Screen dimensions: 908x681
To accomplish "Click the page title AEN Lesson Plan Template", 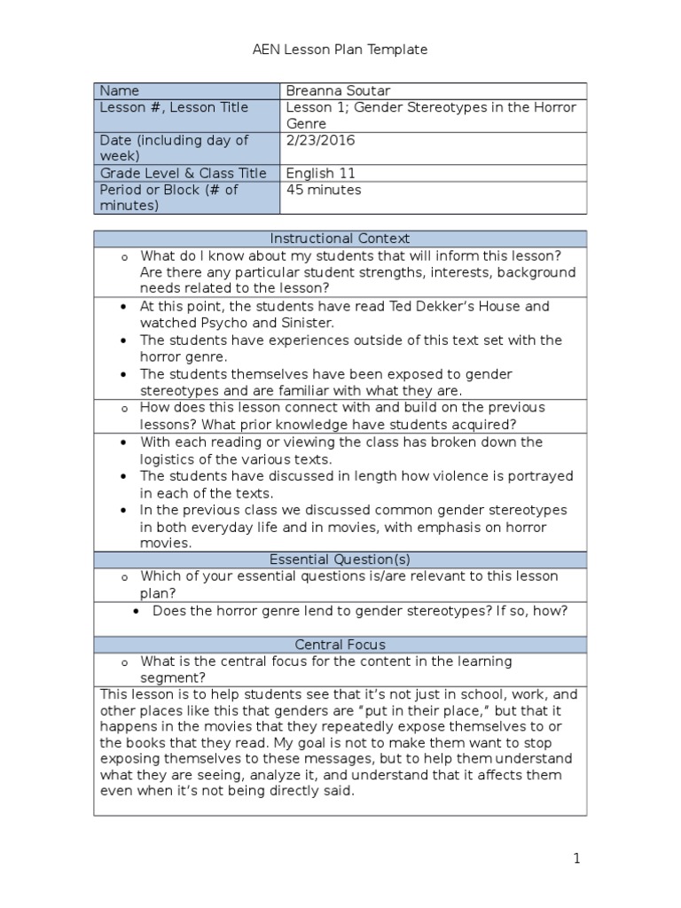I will click(340, 50).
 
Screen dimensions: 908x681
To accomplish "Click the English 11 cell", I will click(320, 173).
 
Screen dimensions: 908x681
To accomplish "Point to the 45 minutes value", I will click(324, 190).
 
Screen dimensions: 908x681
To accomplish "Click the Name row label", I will click(120, 90).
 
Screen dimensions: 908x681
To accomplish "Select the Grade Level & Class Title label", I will click(183, 173).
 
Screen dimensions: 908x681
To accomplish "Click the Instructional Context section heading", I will click(340, 239).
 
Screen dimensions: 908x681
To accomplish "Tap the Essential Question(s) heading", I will click(340, 560).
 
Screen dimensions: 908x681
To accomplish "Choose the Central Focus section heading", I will click(340, 645).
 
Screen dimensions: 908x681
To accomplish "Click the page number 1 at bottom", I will click(575, 858).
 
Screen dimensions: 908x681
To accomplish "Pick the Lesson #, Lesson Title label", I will click(175, 107).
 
